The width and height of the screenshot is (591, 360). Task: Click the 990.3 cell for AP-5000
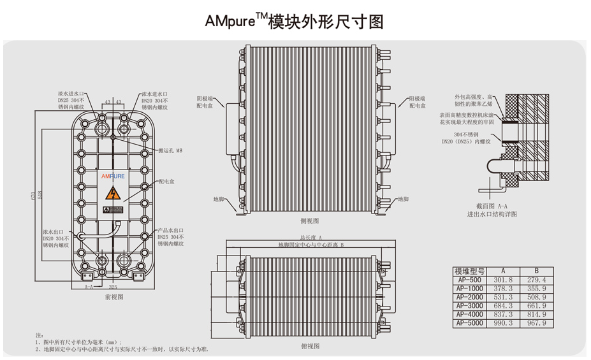pos(503,324)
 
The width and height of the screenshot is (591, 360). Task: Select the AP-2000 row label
pos(469,297)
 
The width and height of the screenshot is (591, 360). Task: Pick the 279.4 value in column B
pos(536,280)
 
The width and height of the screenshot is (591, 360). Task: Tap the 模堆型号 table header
pos(469,271)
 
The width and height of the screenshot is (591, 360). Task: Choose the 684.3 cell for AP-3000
pos(503,306)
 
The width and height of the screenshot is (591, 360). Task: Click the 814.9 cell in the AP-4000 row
pos(536,315)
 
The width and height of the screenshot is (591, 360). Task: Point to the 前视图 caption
pos(114,297)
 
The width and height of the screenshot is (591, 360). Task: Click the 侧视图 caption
pos(309,220)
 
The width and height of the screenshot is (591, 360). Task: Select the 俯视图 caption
pos(309,346)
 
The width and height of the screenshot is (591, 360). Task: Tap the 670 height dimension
pos(33,196)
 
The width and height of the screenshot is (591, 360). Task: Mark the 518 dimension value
pos(41,194)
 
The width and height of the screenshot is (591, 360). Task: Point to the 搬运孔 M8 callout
pos(171,150)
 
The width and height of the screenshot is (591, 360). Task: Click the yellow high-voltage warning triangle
pos(113,193)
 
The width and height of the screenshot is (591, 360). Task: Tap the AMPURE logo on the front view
pos(113,174)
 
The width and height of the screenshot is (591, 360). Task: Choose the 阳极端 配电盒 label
pos(415,102)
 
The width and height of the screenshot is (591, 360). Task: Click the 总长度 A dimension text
pos(310,237)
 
